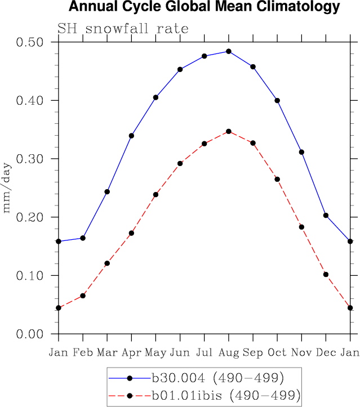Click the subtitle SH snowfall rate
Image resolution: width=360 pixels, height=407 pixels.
coord(122,28)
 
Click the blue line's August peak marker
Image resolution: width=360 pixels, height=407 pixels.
coord(228,51)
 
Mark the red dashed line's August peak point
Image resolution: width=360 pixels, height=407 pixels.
coord(228,131)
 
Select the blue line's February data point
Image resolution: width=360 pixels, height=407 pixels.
coord(83,238)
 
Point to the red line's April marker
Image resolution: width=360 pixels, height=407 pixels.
coord(131,233)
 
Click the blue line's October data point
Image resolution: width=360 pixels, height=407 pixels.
coord(277,100)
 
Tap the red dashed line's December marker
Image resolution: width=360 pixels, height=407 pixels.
coord(326,275)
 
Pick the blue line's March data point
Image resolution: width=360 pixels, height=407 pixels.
coord(107,192)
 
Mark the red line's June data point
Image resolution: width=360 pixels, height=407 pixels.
coord(180,163)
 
